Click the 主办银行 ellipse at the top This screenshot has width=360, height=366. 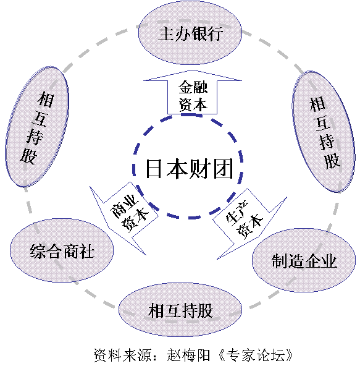tap(190, 33)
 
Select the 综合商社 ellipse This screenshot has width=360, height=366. tap(62, 250)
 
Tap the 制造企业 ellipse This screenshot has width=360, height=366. tap(304, 260)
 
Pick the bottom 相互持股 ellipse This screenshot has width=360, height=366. tap(180, 310)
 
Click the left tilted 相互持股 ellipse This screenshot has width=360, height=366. tap(37, 127)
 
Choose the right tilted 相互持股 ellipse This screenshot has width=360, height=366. tap(324, 132)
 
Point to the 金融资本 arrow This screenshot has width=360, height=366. tap(193, 92)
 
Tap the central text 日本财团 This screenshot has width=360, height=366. tap(190, 169)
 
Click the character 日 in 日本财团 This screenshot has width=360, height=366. tap(154, 169)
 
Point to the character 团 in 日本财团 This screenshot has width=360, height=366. tap(223, 169)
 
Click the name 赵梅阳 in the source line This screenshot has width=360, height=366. tap(188, 355)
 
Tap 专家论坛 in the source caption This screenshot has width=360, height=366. tap(256, 355)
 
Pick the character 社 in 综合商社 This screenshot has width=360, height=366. tap(86, 251)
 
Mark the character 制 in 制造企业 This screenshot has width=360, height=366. tap(280, 261)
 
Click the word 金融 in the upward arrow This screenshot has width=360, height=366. tap(193, 87)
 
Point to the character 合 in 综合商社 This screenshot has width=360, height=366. tap(54, 251)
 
